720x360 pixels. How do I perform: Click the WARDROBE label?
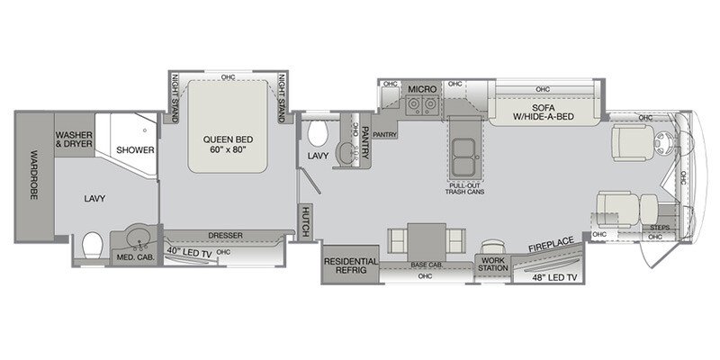pos(33,175)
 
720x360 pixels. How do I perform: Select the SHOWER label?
pos(134,150)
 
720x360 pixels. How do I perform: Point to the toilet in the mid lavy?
pos(315,135)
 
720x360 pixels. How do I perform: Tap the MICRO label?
pos(421,90)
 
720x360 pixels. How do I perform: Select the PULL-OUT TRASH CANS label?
pos(464,190)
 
